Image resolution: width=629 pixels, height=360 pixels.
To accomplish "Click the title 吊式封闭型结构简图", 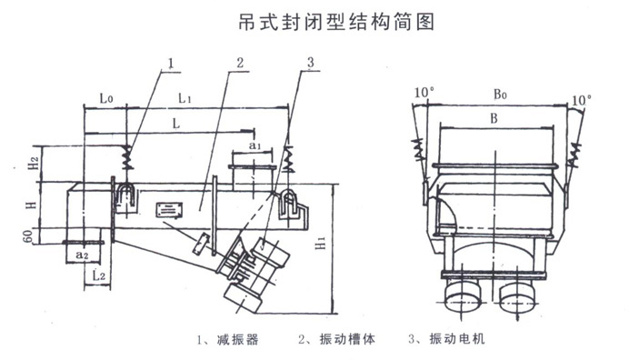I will click(x=315, y=20).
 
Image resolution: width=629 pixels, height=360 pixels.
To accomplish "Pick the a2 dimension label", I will click(x=84, y=256).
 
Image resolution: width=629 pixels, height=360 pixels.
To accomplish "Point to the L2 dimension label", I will click(x=101, y=274).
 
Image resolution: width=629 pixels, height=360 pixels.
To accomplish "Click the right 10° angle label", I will click(x=582, y=97).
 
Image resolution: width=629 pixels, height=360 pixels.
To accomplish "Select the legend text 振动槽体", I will click(x=343, y=339).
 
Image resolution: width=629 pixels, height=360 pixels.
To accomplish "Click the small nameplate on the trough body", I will click(x=169, y=210).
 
